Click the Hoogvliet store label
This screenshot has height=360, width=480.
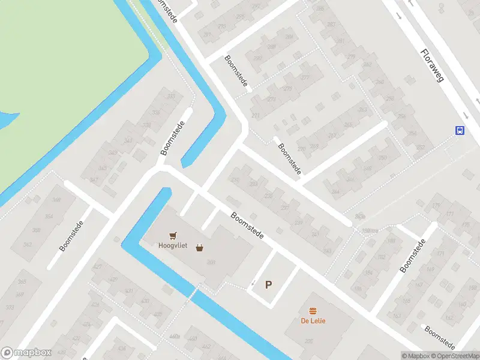[173, 245]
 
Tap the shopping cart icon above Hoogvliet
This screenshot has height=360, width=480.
[173, 236]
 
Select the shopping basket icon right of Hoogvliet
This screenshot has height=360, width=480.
[199, 247]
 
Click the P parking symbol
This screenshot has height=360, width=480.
[268, 285]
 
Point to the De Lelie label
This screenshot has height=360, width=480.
[313, 320]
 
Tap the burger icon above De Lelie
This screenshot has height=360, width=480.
[313, 311]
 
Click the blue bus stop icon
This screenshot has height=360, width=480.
[460, 130]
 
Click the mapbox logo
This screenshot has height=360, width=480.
[26, 353]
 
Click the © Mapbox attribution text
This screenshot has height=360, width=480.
[416, 356]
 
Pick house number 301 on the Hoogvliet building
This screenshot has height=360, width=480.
[211, 262]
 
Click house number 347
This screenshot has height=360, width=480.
[94, 180]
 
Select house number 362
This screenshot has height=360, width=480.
[28, 245]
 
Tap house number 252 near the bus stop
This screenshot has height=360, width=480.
[421, 147]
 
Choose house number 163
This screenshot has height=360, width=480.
[396, 314]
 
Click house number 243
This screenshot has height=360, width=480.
[327, 251]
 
